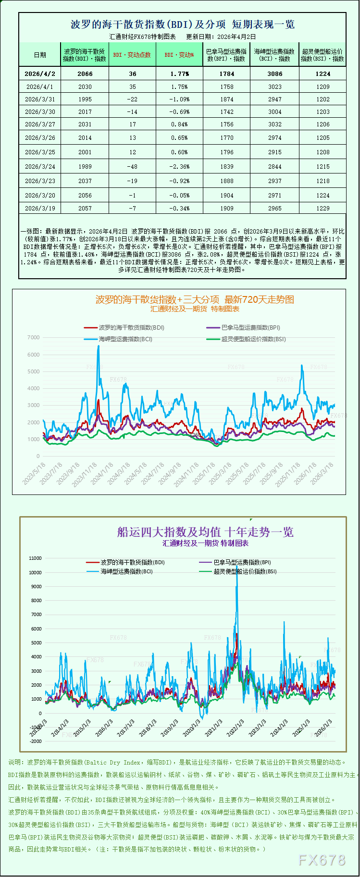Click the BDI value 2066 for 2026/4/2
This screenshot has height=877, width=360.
[x=85, y=74]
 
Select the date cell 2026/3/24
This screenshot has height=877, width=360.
[x=40, y=167]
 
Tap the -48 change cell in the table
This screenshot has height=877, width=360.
[x=132, y=167]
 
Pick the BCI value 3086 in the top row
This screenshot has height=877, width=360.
[x=275, y=74]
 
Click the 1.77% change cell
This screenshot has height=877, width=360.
[x=179, y=74]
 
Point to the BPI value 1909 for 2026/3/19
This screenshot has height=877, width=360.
[x=227, y=209]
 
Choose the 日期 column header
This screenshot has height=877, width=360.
[x=40, y=55]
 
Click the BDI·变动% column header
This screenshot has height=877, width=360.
[x=179, y=55]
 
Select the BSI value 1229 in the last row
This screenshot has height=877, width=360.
[x=323, y=209]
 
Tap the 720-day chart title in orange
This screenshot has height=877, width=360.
[x=195, y=300]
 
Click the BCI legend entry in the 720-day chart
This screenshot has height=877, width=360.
[x=125, y=339]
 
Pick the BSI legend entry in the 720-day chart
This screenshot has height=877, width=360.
[x=253, y=339]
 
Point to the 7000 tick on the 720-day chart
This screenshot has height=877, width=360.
[x=34, y=338]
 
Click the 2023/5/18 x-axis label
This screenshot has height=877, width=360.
[x=35, y=473]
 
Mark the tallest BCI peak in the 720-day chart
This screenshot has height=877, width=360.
[x=99, y=346]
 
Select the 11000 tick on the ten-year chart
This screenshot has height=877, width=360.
[x=36, y=558]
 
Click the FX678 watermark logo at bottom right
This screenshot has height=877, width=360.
[x=322, y=860]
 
